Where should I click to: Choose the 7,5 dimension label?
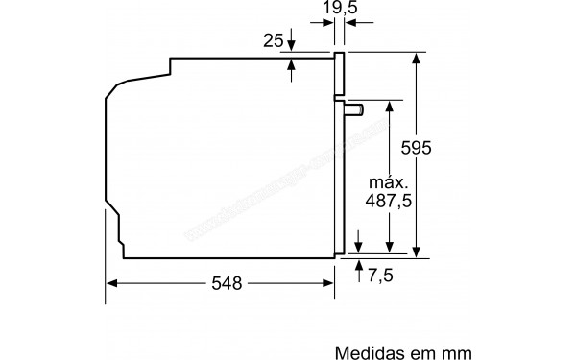click(x=381, y=276)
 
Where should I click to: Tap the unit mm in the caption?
click(x=458, y=330)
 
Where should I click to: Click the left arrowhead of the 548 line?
click(x=110, y=283)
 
